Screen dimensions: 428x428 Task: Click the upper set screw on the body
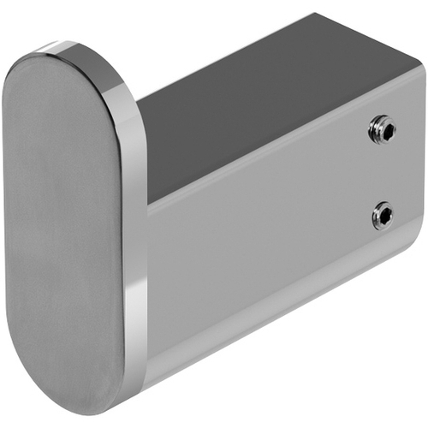pyautogui.click(x=381, y=131)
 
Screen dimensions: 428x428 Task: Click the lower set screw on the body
pyautogui.click(x=382, y=215)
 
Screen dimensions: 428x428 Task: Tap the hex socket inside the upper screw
pyautogui.click(x=384, y=131)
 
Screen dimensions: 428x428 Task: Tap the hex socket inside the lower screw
pyautogui.click(x=385, y=215)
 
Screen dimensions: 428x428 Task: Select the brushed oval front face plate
pyautogui.click(x=64, y=231)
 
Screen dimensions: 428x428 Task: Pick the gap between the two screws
pyautogui.click(x=383, y=173)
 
